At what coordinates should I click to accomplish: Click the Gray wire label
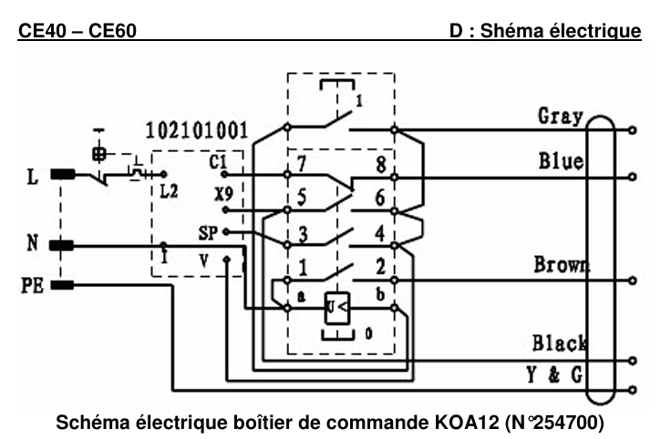[x=561, y=116]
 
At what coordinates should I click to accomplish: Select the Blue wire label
[x=561, y=162]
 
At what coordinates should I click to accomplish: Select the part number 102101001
[x=195, y=128]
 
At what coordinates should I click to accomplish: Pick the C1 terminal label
[x=217, y=163]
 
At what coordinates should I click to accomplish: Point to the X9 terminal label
[x=220, y=194]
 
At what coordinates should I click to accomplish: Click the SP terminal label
[x=209, y=233]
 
